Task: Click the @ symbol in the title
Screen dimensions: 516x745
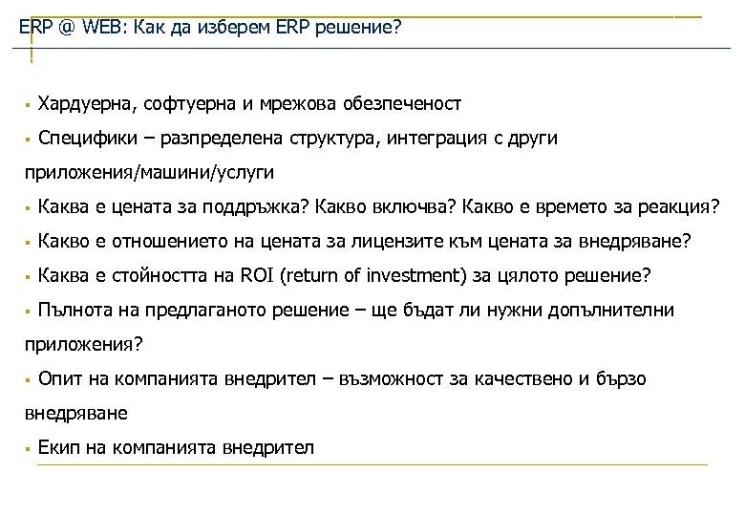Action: [x=66, y=28]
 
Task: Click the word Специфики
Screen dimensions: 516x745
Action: [x=82, y=139]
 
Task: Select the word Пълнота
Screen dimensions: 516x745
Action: [x=75, y=311]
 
